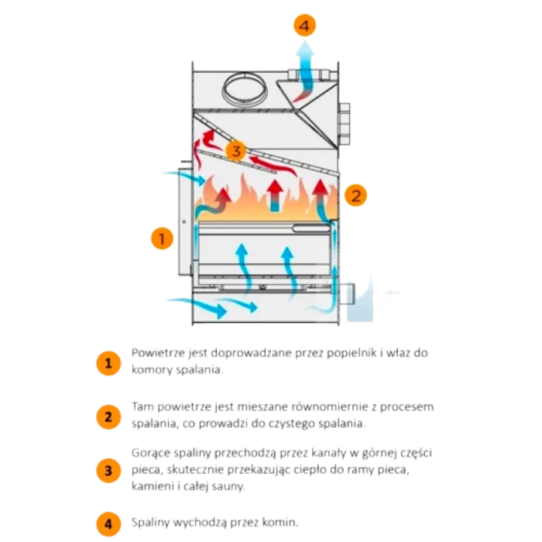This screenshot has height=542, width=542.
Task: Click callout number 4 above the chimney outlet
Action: pyautogui.click(x=304, y=26)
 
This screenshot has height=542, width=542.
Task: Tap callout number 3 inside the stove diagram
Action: pyautogui.click(x=236, y=149)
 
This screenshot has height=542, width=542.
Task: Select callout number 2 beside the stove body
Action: pyautogui.click(x=355, y=195)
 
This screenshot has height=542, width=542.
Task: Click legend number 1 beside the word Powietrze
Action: pyautogui.click(x=108, y=362)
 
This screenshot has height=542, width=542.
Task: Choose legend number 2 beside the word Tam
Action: pyautogui.click(x=108, y=416)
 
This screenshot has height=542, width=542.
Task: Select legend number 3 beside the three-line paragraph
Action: pyautogui.click(x=108, y=470)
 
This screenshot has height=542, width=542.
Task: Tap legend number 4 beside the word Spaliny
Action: pyautogui.click(x=108, y=523)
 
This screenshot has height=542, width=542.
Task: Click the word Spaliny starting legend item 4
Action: pyautogui.click(x=149, y=523)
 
